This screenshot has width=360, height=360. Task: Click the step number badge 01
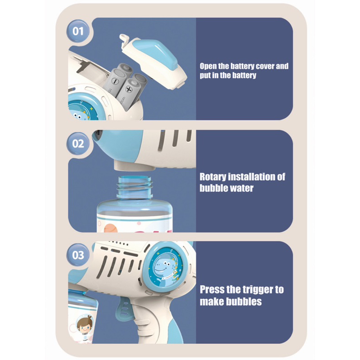click(78, 31)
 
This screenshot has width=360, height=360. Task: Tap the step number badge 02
click(78, 144)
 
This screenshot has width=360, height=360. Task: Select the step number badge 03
click(78, 255)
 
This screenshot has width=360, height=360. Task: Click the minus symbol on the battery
click(115, 81)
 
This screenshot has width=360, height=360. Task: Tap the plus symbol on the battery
click(129, 89)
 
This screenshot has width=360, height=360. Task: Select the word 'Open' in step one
click(208, 66)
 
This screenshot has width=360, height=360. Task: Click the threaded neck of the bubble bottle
click(135, 187)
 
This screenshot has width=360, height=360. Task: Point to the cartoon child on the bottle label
click(85, 324)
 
